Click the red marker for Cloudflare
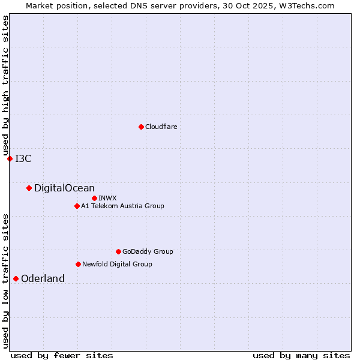141,127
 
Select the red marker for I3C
10,158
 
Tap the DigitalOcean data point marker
29,188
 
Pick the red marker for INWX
94,198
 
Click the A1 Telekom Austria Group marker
77,206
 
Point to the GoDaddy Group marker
118,251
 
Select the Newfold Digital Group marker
78,264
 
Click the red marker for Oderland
16,278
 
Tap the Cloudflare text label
161,127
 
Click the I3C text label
23,158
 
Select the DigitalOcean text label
64,188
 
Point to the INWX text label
107,198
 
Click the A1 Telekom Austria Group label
122,206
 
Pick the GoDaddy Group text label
148,251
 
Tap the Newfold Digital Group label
117,264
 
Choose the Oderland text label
43,278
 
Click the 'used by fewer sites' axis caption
62,355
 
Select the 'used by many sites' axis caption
301,355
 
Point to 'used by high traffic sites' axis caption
5,85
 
